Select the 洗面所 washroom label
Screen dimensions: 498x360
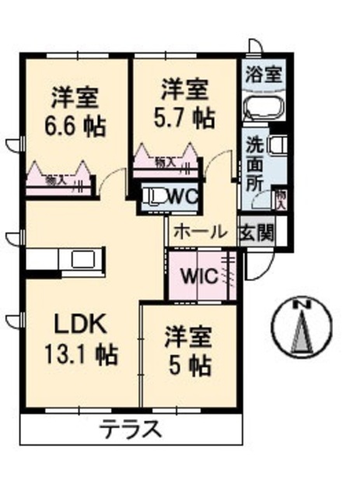[x=255, y=163]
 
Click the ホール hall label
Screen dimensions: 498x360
[x=199, y=231]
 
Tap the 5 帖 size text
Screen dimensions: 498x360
[x=187, y=364]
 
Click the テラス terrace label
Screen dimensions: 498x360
[x=131, y=429]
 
